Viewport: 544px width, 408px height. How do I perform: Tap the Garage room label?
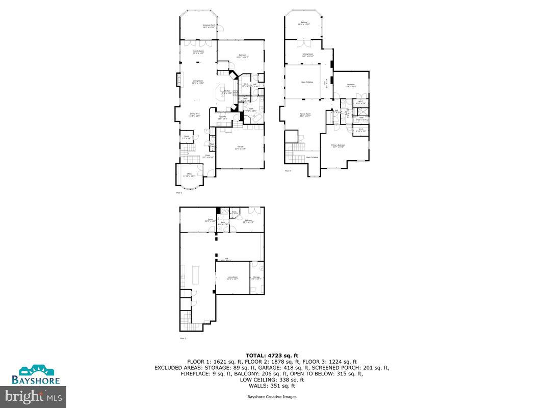[x=240, y=148]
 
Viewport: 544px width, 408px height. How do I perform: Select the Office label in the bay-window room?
[x=189, y=175]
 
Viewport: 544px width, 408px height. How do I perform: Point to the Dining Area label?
[x=195, y=115]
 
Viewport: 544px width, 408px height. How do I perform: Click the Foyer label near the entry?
[x=208, y=156]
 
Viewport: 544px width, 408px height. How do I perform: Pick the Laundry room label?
[x=223, y=118]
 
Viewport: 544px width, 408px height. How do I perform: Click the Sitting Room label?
[x=307, y=55]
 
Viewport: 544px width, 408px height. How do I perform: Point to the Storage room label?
[x=256, y=278]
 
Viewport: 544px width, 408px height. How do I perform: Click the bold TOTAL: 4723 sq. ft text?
[x=272, y=355]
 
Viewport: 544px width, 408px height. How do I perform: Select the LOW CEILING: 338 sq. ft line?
[x=272, y=379]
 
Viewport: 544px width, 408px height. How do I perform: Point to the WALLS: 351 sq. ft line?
[x=272, y=386]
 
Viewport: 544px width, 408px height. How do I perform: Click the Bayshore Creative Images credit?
[x=272, y=397]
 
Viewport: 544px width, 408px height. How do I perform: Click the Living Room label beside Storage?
[x=232, y=278]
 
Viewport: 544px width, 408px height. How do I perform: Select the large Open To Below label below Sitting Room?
[x=306, y=82]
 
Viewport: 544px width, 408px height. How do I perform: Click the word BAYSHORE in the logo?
[x=36, y=380]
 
